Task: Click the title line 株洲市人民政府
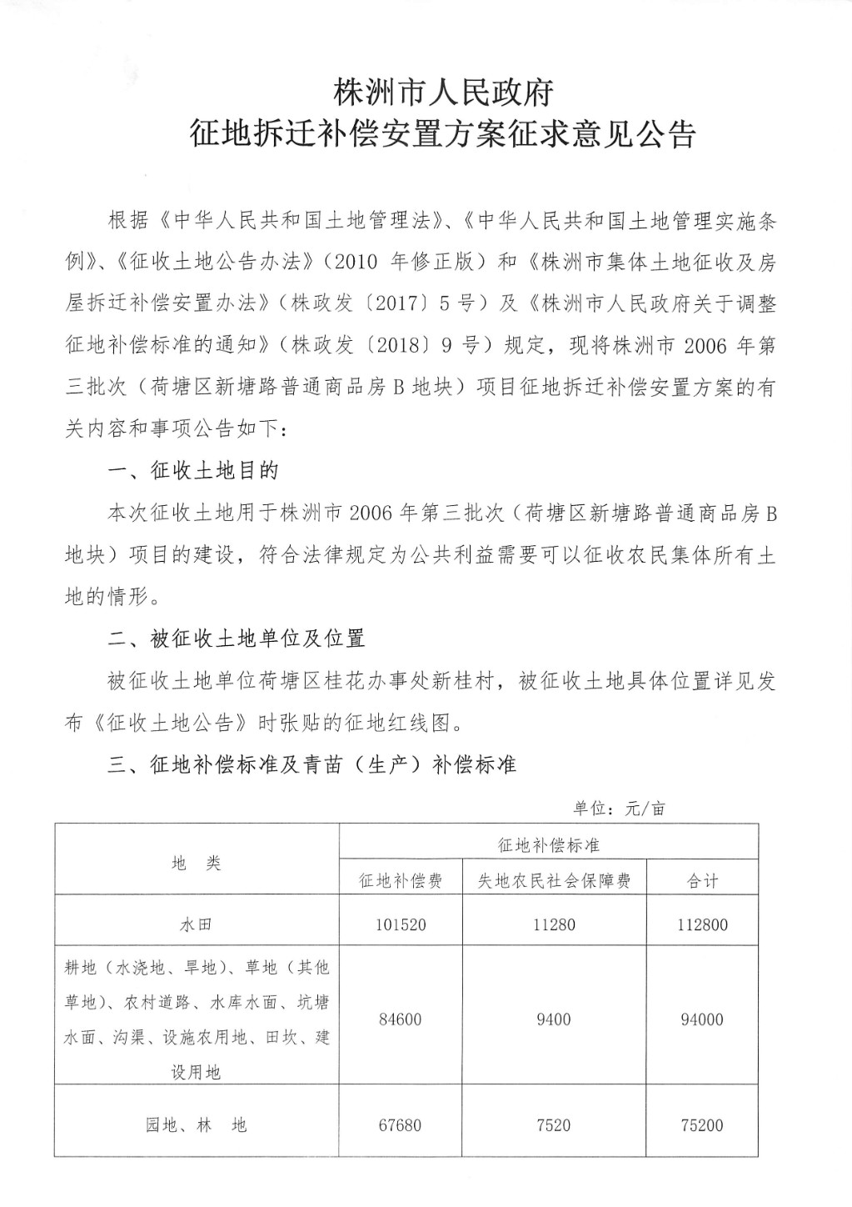tap(442, 92)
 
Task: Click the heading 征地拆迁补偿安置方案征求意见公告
tap(442, 134)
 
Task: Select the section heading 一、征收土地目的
tap(194, 471)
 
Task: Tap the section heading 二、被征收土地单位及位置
tap(237, 639)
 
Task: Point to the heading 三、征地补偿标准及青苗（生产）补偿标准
tap(312, 764)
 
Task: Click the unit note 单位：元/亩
tap(618, 808)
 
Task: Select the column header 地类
tap(197, 863)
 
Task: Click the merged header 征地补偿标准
tap(549, 844)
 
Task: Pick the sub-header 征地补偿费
tap(400, 880)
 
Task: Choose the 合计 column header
tap(702, 880)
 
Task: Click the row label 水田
tap(197, 924)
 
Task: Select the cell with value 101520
tap(400, 924)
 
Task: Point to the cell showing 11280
tap(554, 924)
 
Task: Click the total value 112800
tap(702, 924)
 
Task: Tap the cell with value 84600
tap(400, 1019)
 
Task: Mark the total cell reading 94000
tap(702, 1019)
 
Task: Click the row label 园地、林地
tap(197, 1125)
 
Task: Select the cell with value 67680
tap(400, 1125)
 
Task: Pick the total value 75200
tap(702, 1125)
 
